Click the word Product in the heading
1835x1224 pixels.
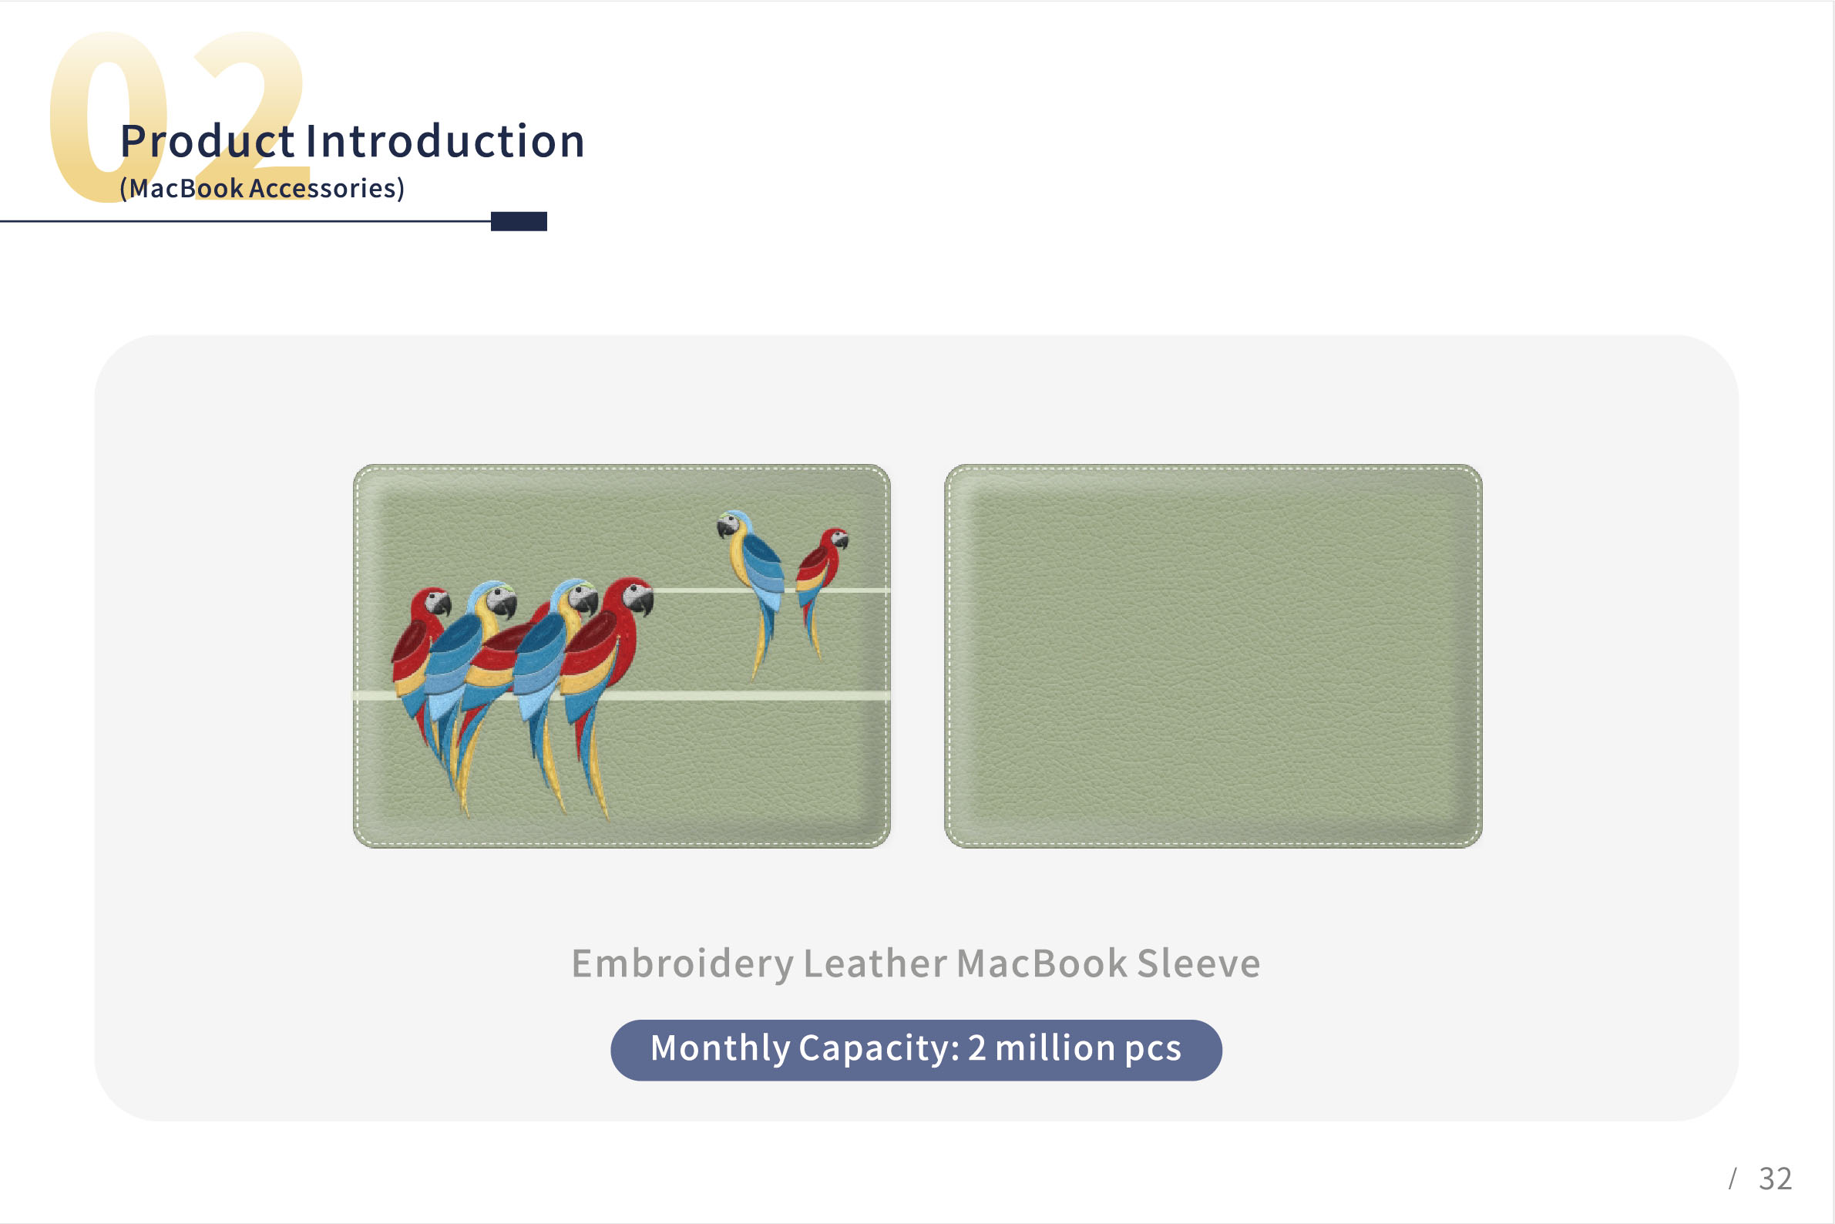[207, 141]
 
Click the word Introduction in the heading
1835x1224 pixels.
[445, 141]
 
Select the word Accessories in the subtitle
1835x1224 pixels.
[323, 188]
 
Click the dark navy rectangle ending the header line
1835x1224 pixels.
[519, 221]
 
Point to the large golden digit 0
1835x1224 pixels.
[109, 117]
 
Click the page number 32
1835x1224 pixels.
[1775, 1179]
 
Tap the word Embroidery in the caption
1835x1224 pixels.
[683, 964]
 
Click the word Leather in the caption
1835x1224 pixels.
[875, 963]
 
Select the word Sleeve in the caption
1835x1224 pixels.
[1198, 963]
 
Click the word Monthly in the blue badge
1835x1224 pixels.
[721, 1048]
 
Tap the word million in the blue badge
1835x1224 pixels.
[1055, 1047]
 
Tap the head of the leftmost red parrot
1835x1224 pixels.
[431, 603]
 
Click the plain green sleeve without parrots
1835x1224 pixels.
[1213, 656]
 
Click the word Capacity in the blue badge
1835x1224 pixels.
[879, 1048]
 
